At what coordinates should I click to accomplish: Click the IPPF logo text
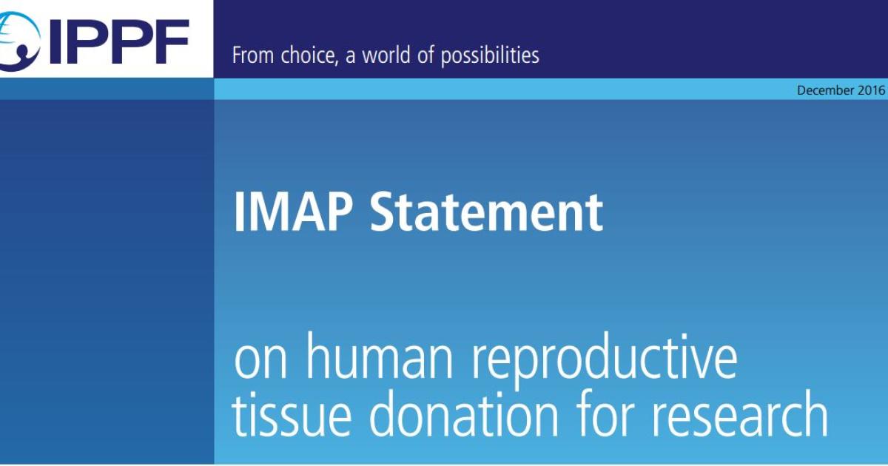pyautogui.click(x=118, y=41)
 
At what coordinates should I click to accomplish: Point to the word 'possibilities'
pyautogui.click(x=490, y=55)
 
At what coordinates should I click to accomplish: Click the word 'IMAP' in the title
pyautogui.click(x=294, y=212)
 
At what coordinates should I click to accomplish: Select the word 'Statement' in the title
pyautogui.click(x=486, y=212)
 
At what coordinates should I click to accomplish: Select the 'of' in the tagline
pyautogui.click(x=423, y=55)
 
